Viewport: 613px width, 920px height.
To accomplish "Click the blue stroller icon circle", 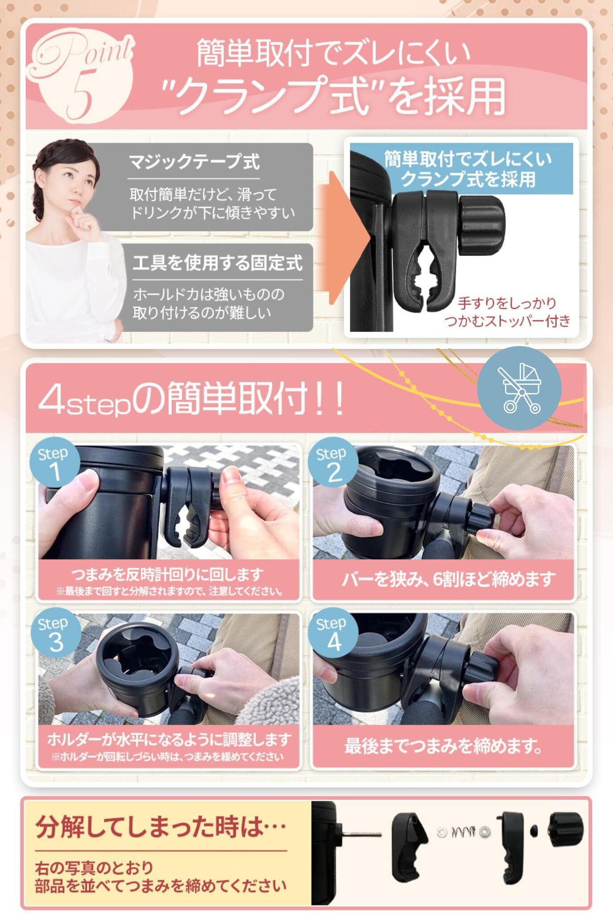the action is coord(519,388).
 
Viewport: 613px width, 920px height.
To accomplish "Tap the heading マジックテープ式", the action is coord(194,161).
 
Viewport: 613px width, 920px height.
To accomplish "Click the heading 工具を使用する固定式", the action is coord(218,263).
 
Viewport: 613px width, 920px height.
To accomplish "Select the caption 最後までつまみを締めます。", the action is coord(443,746).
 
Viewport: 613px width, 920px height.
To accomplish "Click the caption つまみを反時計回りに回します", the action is coord(168,575).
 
